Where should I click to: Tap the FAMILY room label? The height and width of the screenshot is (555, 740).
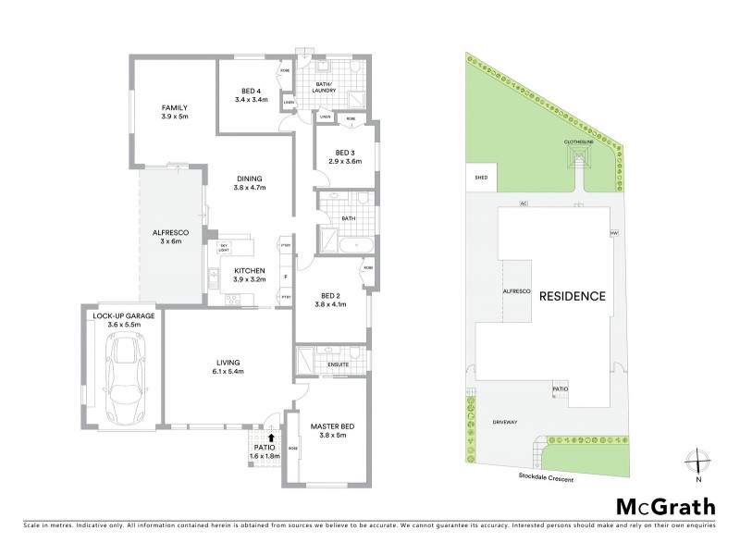(x=175, y=112)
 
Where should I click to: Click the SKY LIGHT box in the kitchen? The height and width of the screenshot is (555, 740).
(x=224, y=248)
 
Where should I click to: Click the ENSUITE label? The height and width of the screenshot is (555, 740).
(x=339, y=364)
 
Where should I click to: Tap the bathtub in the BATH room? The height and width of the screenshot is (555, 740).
(x=356, y=244)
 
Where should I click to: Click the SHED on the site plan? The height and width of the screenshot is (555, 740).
(x=481, y=176)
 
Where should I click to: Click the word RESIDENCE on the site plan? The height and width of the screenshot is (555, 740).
(x=572, y=297)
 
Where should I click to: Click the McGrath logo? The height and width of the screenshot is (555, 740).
(x=665, y=506)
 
